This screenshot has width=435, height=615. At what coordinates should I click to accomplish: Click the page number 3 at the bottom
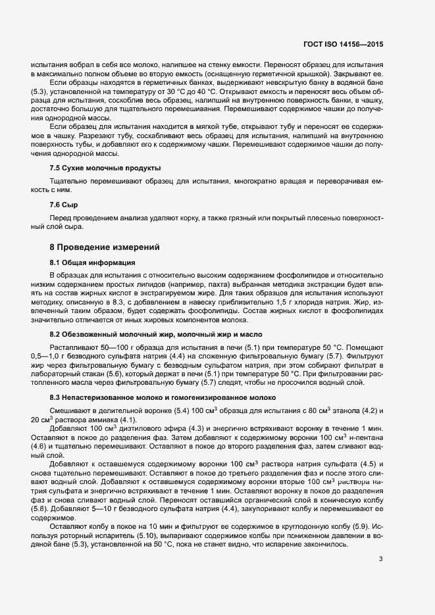point(380,578)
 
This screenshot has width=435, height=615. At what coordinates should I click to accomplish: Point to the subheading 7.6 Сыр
point(64,205)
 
